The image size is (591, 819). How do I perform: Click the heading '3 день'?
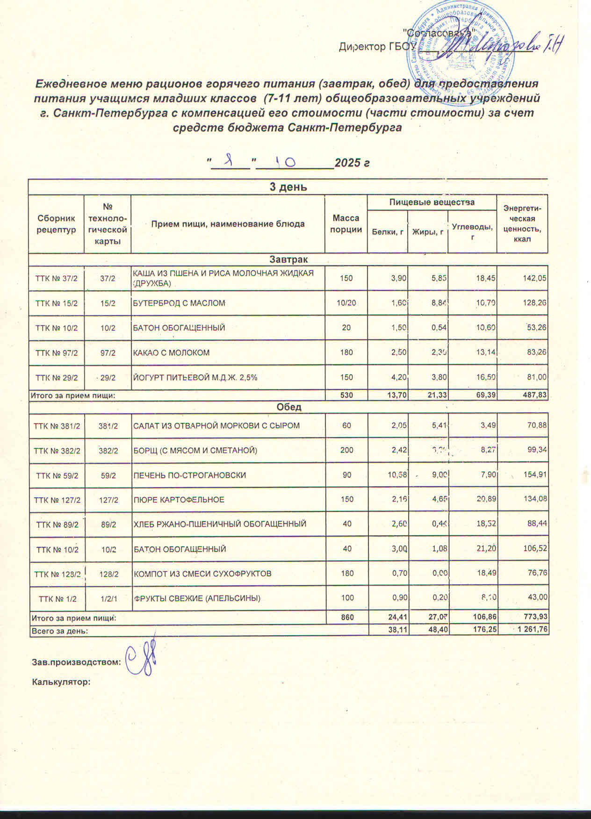tap(288, 187)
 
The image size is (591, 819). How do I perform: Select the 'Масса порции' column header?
tap(346, 224)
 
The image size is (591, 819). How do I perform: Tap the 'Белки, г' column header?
tap(388, 232)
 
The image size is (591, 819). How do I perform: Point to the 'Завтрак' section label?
tap(288, 259)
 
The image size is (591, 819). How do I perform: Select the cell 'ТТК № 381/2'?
tap(57, 426)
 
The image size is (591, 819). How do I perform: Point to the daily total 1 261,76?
tap(531, 630)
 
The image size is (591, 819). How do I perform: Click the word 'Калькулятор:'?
tap(60, 682)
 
